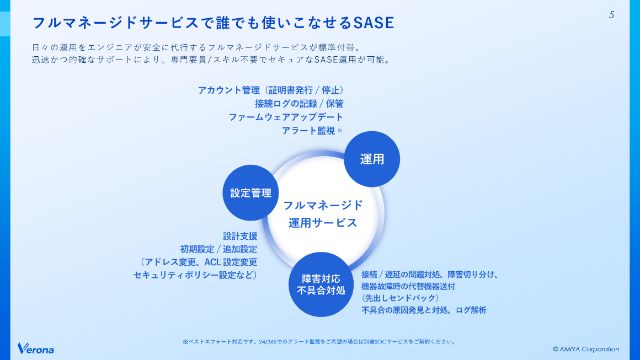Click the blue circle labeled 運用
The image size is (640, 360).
[x=372, y=159]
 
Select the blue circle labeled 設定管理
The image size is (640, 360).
[x=251, y=193]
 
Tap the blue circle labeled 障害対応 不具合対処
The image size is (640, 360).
[x=321, y=284]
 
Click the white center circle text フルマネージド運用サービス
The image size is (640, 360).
[x=323, y=214]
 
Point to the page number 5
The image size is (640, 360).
[x=611, y=15]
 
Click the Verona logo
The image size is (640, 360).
[x=36, y=348]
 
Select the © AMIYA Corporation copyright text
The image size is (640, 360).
[x=586, y=349]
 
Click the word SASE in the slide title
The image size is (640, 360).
[x=373, y=23]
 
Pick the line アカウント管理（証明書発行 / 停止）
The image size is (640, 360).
[x=271, y=90]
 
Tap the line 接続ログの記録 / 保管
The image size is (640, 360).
[x=299, y=104]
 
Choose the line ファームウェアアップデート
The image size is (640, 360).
[x=286, y=117]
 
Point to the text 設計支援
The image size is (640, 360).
[x=240, y=235]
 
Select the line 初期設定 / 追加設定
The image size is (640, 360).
[x=218, y=249]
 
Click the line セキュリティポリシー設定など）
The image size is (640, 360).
[x=195, y=275]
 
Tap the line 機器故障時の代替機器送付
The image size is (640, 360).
[x=408, y=287]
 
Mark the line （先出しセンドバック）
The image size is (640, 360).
[x=401, y=298]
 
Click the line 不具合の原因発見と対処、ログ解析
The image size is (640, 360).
[x=424, y=310]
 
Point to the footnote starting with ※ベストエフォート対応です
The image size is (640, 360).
[x=319, y=342]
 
